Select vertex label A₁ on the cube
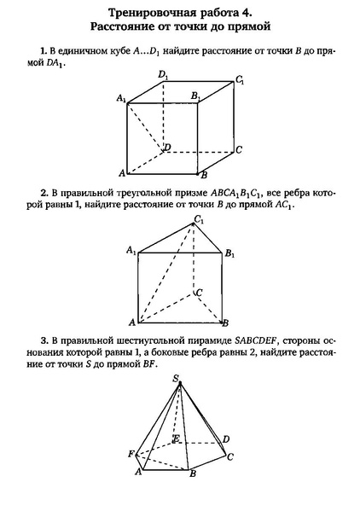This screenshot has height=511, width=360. tap(121, 100)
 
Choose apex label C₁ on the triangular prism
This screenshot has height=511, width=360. tap(200, 221)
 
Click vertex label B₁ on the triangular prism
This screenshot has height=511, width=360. tap(231, 253)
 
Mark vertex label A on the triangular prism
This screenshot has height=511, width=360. tap(131, 322)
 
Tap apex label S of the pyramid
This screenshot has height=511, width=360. tap(175, 377)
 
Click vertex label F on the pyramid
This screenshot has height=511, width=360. tap(131, 453)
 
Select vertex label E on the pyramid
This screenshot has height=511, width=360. tap(176, 439)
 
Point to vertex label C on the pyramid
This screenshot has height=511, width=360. tap(230, 456)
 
